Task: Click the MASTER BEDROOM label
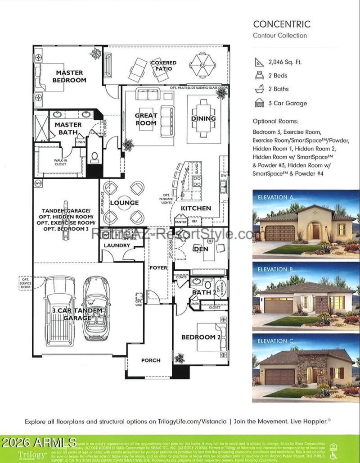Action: click(x=69, y=76)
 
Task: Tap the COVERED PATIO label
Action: click(x=163, y=66)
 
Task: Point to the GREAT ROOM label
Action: click(x=146, y=119)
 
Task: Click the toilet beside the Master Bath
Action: click(x=95, y=157)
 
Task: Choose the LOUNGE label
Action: click(x=125, y=203)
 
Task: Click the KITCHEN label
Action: click(x=196, y=208)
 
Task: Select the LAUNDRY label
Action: click(x=117, y=245)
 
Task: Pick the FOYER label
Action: click(x=158, y=268)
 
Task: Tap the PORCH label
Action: click(x=151, y=360)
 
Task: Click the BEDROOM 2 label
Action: click(x=201, y=337)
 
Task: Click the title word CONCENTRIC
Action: click(x=275, y=24)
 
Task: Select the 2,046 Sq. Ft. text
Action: click(x=285, y=62)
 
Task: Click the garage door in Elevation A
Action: click(x=280, y=233)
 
